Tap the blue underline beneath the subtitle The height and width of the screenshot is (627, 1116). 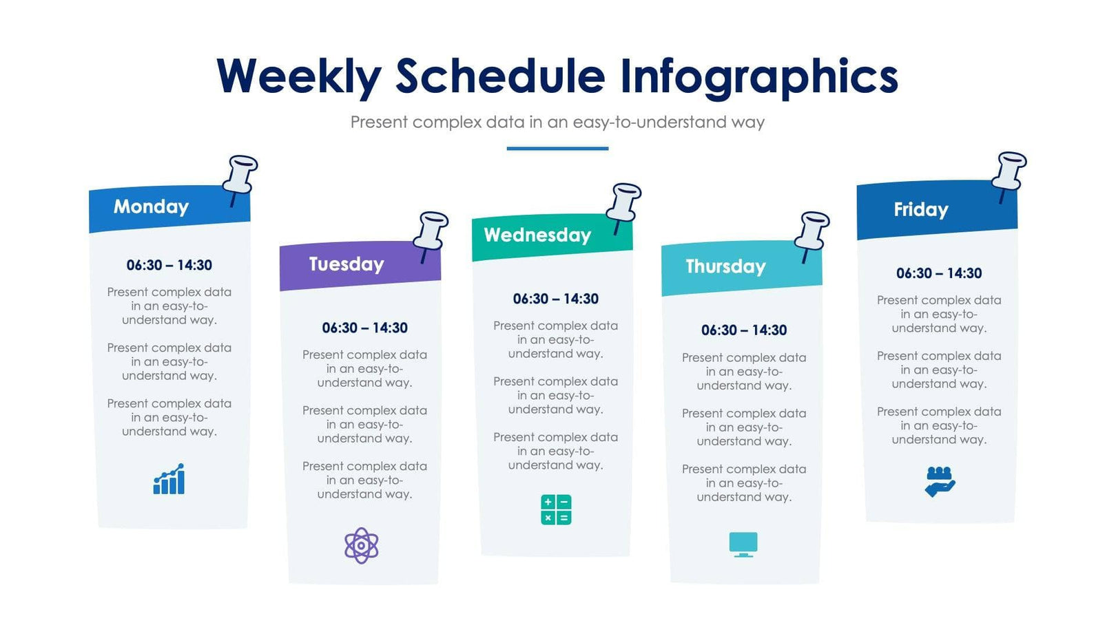[x=557, y=148]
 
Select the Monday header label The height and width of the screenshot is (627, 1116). [x=151, y=206]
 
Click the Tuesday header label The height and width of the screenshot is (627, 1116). [x=346, y=264]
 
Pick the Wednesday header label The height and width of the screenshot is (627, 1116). [x=537, y=235]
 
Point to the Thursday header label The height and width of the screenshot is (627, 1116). [x=725, y=266]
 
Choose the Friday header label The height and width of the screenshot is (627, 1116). [x=920, y=209]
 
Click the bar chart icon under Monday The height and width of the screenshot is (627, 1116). [x=169, y=479]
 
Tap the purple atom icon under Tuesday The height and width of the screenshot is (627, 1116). [x=362, y=546]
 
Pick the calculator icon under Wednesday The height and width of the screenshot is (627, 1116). [x=556, y=510]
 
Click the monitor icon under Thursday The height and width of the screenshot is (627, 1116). [x=743, y=544]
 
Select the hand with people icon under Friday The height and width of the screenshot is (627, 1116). [x=940, y=481]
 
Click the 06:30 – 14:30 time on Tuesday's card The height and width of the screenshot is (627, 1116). [x=364, y=328]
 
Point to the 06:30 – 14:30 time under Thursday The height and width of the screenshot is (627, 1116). [x=744, y=330]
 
